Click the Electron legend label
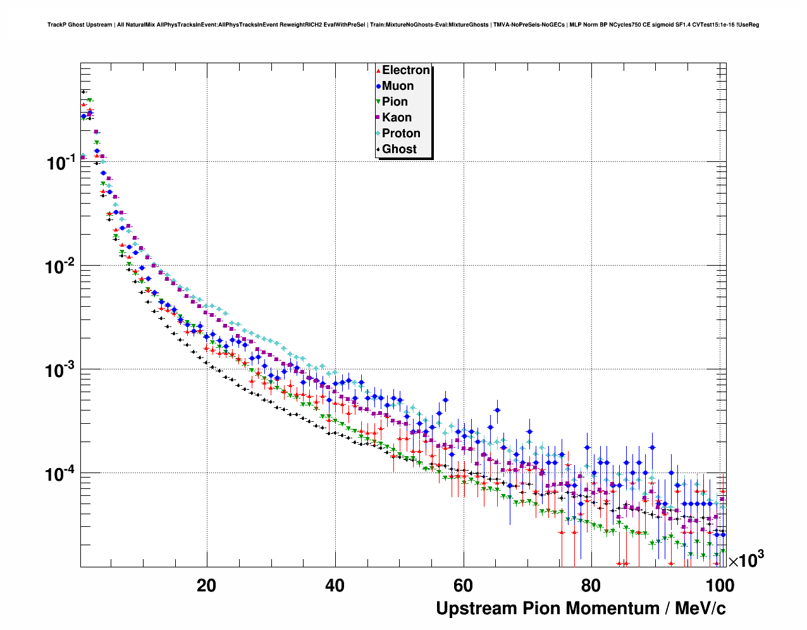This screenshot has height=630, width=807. tap(406, 70)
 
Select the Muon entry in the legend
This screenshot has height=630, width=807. tap(398, 86)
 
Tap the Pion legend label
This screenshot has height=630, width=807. tap(395, 102)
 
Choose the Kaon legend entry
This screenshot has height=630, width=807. tap(397, 118)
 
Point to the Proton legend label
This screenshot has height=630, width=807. tap(401, 133)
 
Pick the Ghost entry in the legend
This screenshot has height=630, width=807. tap(399, 149)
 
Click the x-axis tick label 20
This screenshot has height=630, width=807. tap(206, 585)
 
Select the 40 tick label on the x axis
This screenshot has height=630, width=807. tap(335, 585)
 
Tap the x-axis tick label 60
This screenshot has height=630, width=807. tap(464, 585)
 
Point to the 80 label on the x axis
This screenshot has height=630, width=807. tap(592, 585)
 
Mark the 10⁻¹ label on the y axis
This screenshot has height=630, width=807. tap(60, 163)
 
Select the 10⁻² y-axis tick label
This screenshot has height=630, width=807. tap(60, 267)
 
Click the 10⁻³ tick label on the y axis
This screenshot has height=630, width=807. tap(60, 371)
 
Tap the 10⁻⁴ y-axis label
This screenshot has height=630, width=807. tap(60, 474)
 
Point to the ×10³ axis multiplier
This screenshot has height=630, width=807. tap(746, 559)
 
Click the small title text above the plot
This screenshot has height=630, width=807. tap(403, 25)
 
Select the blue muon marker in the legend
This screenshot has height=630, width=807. tap(378, 87)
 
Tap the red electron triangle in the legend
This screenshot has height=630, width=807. tap(378, 71)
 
